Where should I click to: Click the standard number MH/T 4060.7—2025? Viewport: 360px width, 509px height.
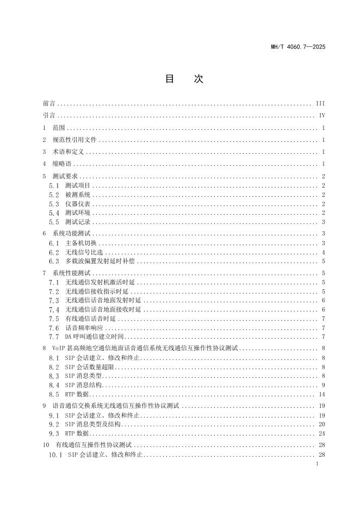[298, 47]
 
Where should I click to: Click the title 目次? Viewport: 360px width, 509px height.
[184, 79]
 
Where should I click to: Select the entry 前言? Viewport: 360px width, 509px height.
[49, 103]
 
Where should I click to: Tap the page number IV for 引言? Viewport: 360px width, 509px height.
[321, 115]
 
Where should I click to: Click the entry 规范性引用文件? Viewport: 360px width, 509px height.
[75, 140]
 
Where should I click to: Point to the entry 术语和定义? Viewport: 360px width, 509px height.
[67, 152]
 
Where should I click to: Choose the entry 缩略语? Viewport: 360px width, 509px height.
[61, 164]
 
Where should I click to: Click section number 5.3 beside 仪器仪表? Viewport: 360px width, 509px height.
[53, 204]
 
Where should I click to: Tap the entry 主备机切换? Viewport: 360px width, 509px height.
[81, 243]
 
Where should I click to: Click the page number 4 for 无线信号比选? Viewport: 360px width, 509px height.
[323, 252]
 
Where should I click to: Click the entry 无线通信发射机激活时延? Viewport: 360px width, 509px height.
[100, 282]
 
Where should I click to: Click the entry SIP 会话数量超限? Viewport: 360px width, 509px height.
[89, 367]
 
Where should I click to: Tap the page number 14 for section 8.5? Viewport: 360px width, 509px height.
[321, 394]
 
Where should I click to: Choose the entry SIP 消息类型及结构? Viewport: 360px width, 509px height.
[93, 424]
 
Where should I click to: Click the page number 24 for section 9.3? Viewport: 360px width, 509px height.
[321, 433]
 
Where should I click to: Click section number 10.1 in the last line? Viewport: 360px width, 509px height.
[57, 454]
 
